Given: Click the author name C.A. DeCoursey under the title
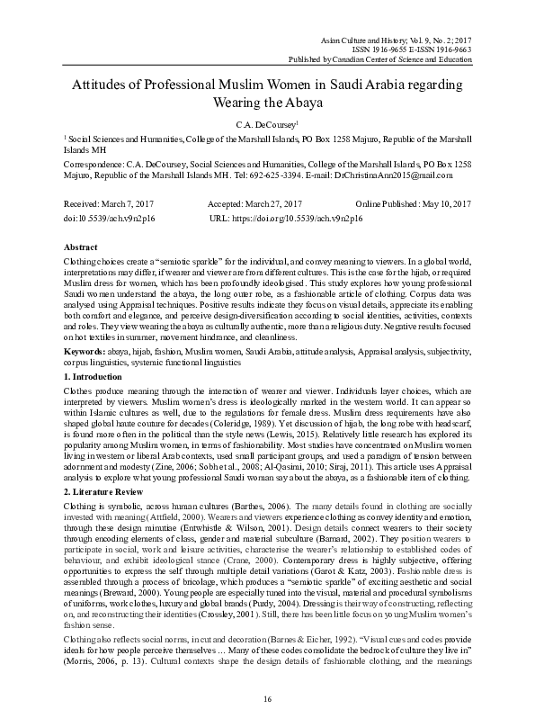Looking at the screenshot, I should coord(265,122).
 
